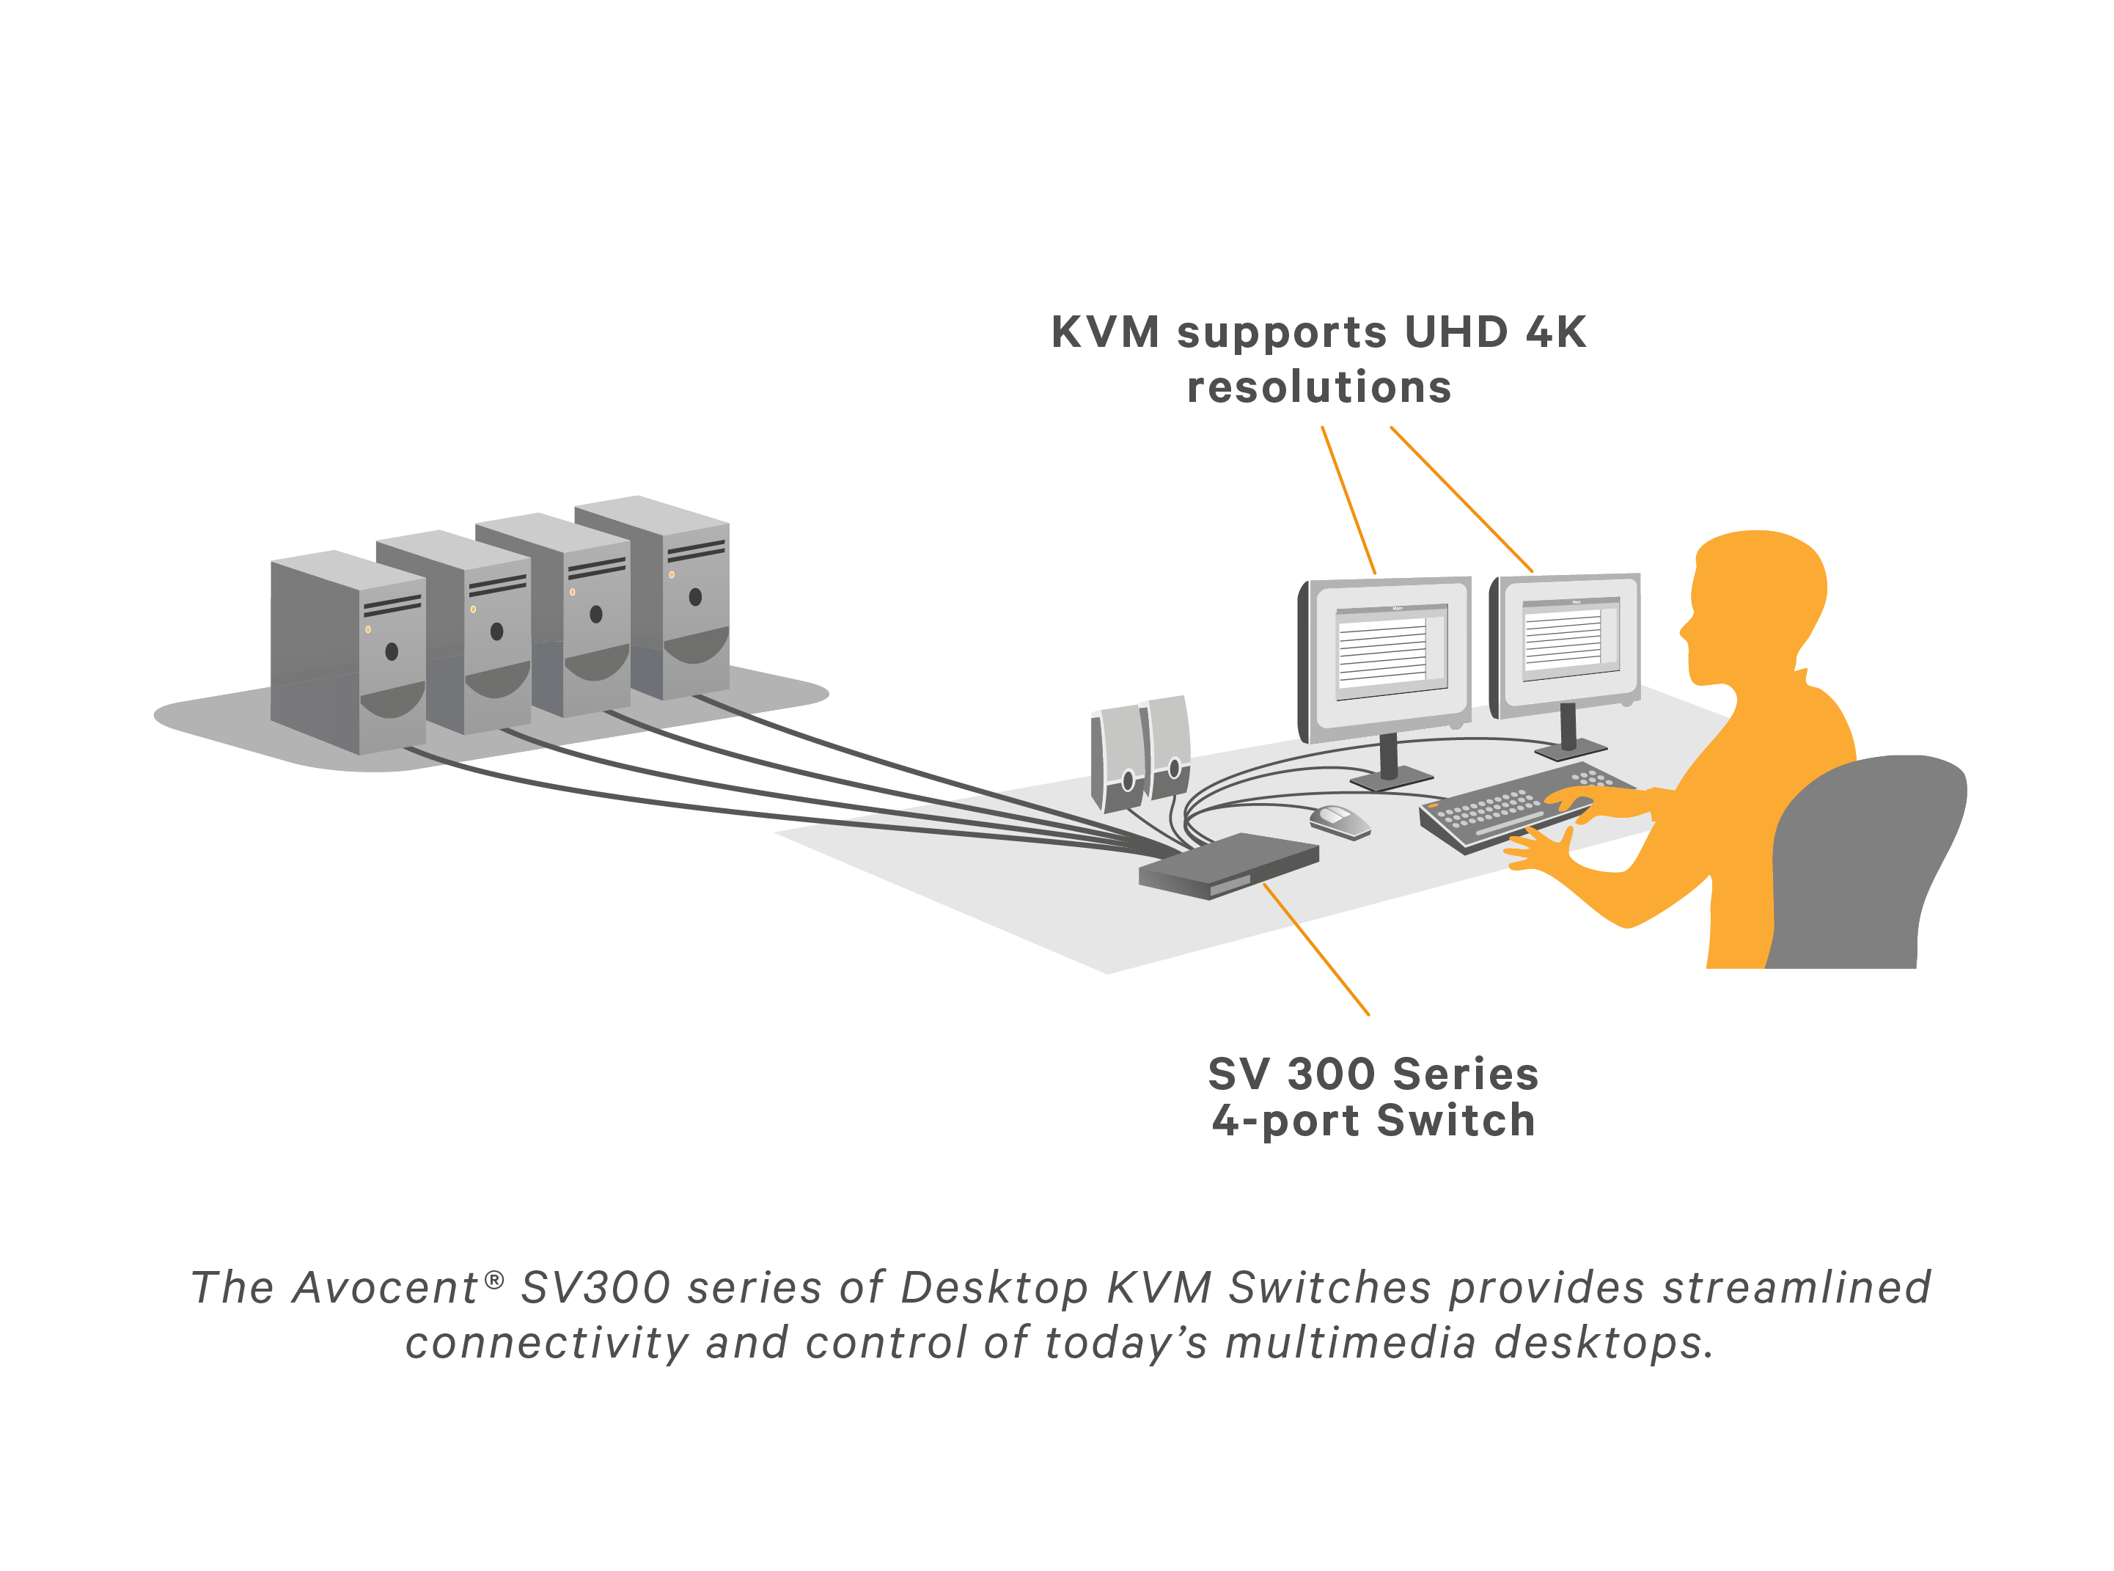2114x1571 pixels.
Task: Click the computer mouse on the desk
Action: click(x=1338, y=821)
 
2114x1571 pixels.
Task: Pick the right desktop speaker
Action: click(x=1169, y=747)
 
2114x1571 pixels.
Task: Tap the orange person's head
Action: click(x=1758, y=599)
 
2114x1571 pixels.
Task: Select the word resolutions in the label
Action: click(x=1318, y=387)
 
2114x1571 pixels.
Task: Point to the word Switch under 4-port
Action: click(x=1456, y=1120)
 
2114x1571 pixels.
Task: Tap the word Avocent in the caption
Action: click(x=385, y=1288)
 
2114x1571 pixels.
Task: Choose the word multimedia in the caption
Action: click(x=1350, y=1343)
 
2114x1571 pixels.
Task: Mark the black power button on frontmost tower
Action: click(x=392, y=651)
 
